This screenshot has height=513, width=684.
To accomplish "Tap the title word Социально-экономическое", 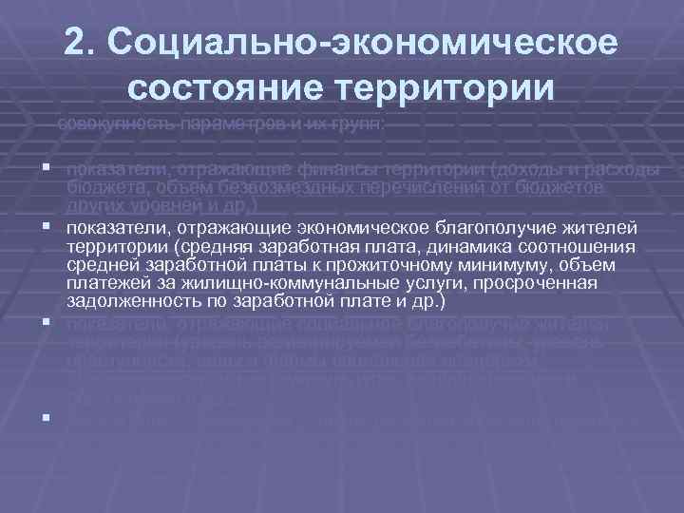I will [x=363, y=43].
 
